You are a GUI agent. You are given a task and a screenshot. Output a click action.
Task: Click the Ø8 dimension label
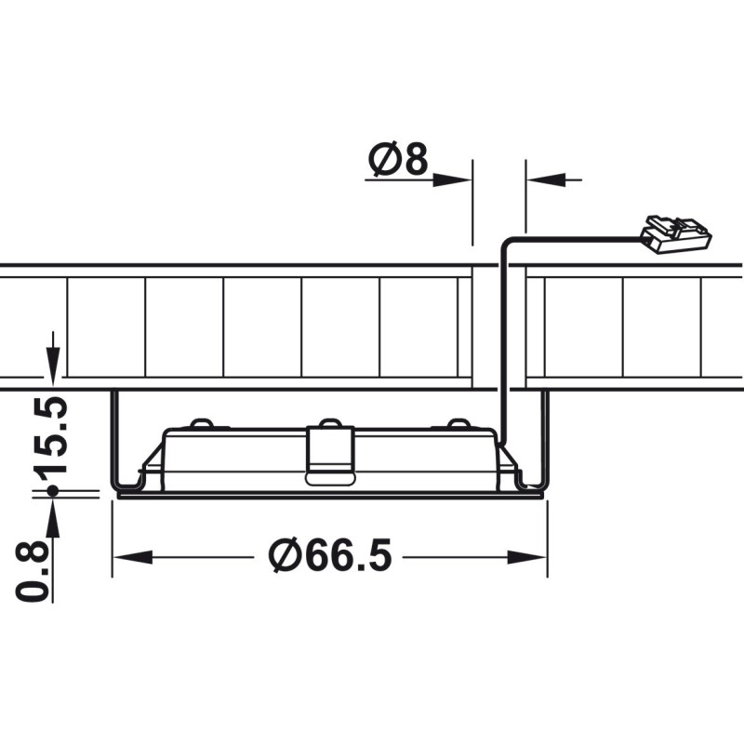click(398, 158)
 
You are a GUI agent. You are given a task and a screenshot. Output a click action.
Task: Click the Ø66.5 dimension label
click(330, 554)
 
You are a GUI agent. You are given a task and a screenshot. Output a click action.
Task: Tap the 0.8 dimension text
click(33, 572)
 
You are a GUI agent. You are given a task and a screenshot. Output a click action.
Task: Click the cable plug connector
click(676, 234)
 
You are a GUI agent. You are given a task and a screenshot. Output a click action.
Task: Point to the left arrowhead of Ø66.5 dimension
click(133, 557)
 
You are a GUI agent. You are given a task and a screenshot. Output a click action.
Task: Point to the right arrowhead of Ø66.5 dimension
click(526, 557)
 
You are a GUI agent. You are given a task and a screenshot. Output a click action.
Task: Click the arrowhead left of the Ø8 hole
click(452, 179)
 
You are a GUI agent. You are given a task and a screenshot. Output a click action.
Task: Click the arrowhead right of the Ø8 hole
click(546, 179)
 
